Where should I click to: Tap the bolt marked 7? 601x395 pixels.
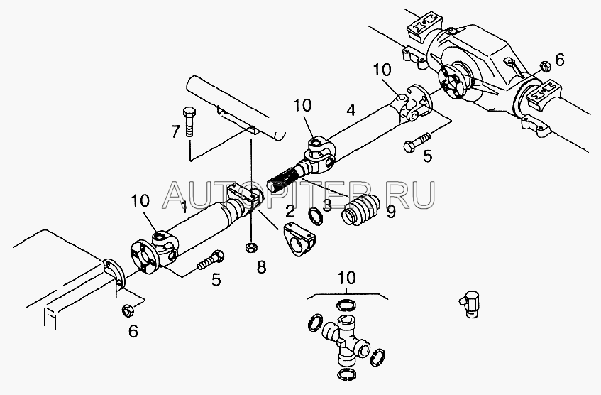[x=190, y=121]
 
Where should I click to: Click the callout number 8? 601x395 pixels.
[x=262, y=268]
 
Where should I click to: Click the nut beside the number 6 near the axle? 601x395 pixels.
[x=543, y=66]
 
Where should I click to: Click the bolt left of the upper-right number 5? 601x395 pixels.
[x=417, y=143]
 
